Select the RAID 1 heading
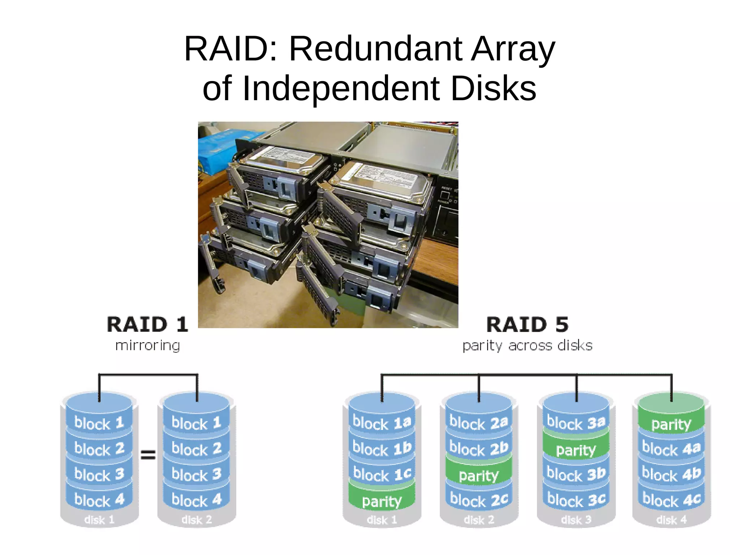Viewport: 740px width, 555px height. click(147, 324)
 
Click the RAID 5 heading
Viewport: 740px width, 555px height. click(527, 324)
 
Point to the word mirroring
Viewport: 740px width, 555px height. click(147, 345)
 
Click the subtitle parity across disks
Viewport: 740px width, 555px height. click(527, 346)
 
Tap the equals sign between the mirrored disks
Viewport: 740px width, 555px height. click(148, 454)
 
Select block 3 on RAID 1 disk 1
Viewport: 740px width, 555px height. click(99, 474)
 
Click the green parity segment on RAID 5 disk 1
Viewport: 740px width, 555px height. click(382, 501)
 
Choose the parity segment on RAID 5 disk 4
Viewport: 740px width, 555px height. click(671, 424)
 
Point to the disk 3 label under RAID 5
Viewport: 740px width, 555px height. click(576, 520)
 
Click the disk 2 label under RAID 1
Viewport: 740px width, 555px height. click(196, 520)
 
